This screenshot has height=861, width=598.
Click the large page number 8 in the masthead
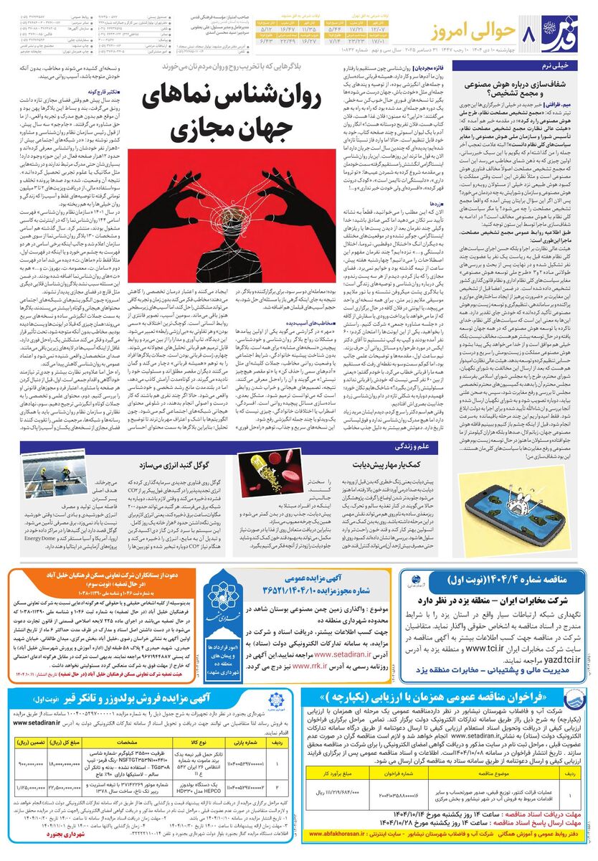click(528, 34)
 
